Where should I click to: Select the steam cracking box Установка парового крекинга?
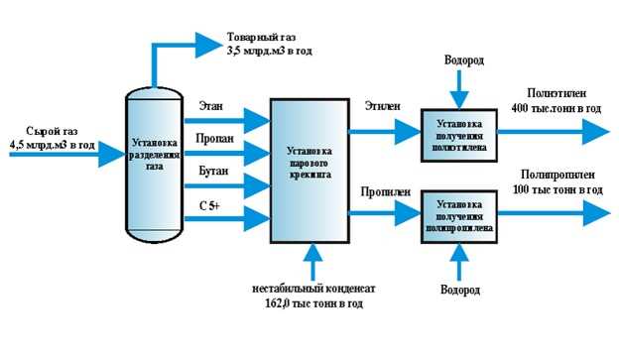point(310,168)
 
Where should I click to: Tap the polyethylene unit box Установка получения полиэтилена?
point(457,130)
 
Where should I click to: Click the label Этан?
point(210,104)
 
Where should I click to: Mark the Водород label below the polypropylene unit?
point(459,290)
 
